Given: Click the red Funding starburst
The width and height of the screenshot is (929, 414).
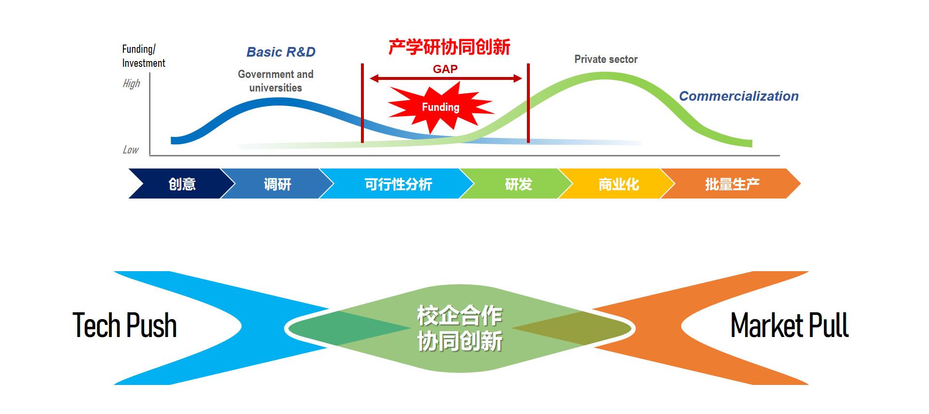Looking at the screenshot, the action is pyautogui.click(x=440, y=107).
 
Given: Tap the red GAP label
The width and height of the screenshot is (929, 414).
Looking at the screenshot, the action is pyautogui.click(x=445, y=69).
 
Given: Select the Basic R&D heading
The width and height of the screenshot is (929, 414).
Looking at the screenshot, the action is pyautogui.click(x=281, y=52).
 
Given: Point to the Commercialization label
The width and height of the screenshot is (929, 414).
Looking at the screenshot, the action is pyautogui.click(x=739, y=96).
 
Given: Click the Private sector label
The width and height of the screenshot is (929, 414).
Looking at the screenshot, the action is pyautogui.click(x=606, y=59).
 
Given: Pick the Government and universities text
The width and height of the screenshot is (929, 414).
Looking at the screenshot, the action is pyautogui.click(x=275, y=81).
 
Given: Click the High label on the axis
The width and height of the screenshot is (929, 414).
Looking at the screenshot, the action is pyautogui.click(x=131, y=84).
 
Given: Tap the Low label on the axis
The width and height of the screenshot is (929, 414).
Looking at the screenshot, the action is pyautogui.click(x=131, y=150).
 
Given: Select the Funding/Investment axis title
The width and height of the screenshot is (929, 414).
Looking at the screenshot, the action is pyautogui.click(x=143, y=56).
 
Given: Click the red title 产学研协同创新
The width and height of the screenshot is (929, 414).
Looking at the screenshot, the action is pyautogui.click(x=450, y=47).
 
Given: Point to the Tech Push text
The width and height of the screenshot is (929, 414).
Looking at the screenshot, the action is pyautogui.click(x=124, y=325).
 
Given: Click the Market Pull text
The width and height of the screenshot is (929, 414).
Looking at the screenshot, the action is pyautogui.click(x=789, y=325).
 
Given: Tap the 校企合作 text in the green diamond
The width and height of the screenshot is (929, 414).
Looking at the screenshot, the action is pyautogui.click(x=460, y=316).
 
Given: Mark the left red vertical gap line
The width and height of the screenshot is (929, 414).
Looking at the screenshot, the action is pyautogui.click(x=362, y=103).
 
